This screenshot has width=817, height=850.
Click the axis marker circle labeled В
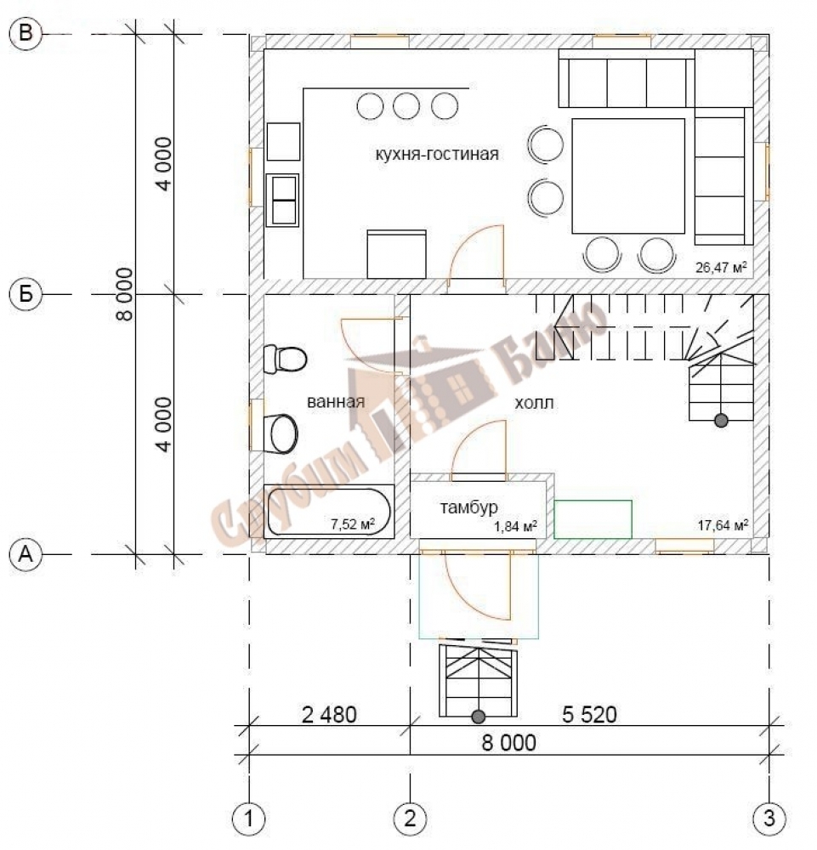pyautogui.click(x=26, y=34)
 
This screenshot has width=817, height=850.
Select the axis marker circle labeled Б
pyautogui.click(x=26, y=294)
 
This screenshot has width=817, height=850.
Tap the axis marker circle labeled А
pyautogui.click(x=26, y=554)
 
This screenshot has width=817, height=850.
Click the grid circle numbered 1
pyautogui.click(x=249, y=819)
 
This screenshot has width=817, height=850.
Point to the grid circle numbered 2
pyautogui.click(x=410, y=819)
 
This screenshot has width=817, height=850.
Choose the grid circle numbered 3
pyautogui.click(x=769, y=819)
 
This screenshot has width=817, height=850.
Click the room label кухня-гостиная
pyautogui.click(x=436, y=154)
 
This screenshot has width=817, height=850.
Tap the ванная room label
pyautogui.click(x=336, y=402)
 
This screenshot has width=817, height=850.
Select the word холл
pyautogui.click(x=534, y=403)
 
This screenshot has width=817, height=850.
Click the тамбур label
pyautogui.click(x=469, y=507)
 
